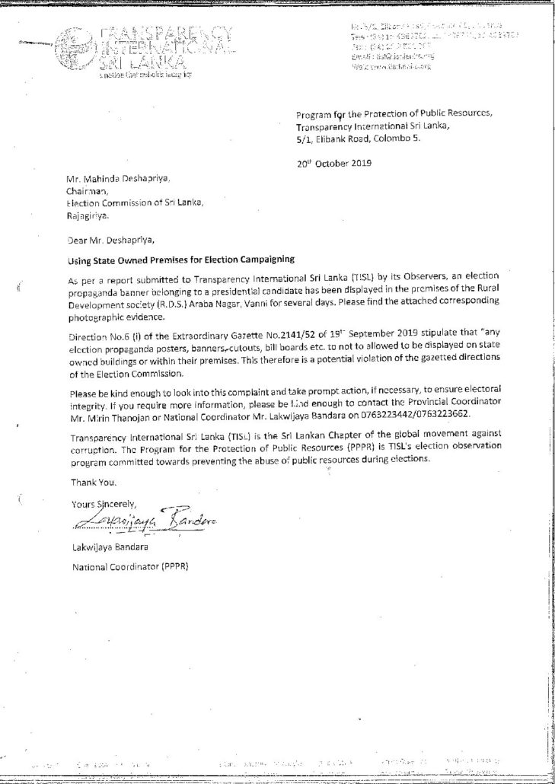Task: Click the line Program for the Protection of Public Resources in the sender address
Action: [394, 114]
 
